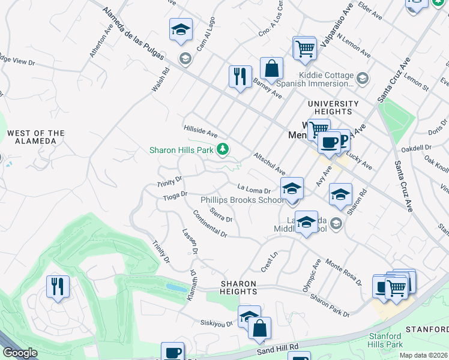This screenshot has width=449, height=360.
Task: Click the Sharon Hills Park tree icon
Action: [x=223, y=149]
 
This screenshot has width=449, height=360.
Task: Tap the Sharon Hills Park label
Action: [x=182, y=149]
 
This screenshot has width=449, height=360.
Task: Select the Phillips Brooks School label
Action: [x=243, y=200]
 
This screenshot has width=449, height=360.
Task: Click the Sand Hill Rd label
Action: [x=277, y=347]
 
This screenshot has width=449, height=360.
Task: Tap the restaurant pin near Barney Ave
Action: [x=240, y=77]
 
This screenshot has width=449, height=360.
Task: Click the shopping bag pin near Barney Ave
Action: [x=271, y=68]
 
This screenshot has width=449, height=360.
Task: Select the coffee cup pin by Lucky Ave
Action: [x=328, y=142]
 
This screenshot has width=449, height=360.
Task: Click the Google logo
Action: [x=19, y=353]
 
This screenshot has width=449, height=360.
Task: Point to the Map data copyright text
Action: [x=424, y=355]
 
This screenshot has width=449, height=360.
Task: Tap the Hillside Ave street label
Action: [x=200, y=131]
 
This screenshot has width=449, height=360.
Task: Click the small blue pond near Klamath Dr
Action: [x=176, y=288]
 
